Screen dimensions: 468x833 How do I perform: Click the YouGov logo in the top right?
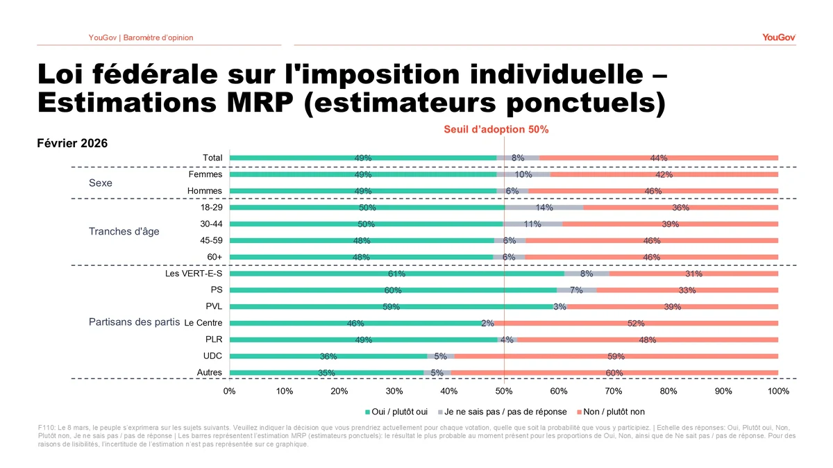(779, 37)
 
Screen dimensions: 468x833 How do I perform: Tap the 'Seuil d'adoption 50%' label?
(496, 130)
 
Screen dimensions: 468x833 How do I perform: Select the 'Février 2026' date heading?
(71, 143)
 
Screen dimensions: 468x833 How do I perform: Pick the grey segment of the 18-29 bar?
(544, 208)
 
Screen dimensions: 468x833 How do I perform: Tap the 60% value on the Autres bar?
(614, 373)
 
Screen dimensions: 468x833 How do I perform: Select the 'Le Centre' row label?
(203, 323)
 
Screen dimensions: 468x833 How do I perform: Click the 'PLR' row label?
(214, 340)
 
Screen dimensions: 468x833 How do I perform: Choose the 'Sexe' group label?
(101, 183)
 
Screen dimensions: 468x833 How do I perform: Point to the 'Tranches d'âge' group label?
(124, 231)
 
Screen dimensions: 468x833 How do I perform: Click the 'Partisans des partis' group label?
(134, 323)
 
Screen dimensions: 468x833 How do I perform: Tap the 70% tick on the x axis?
(614, 391)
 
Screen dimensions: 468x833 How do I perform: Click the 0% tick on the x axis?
(230, 391)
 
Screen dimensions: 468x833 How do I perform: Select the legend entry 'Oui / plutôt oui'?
(401, 411)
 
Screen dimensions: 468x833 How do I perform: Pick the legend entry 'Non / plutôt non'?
(614, 411)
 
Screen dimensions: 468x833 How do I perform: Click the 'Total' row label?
(212, 158)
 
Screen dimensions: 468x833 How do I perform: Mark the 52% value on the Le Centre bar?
(636, 323)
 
